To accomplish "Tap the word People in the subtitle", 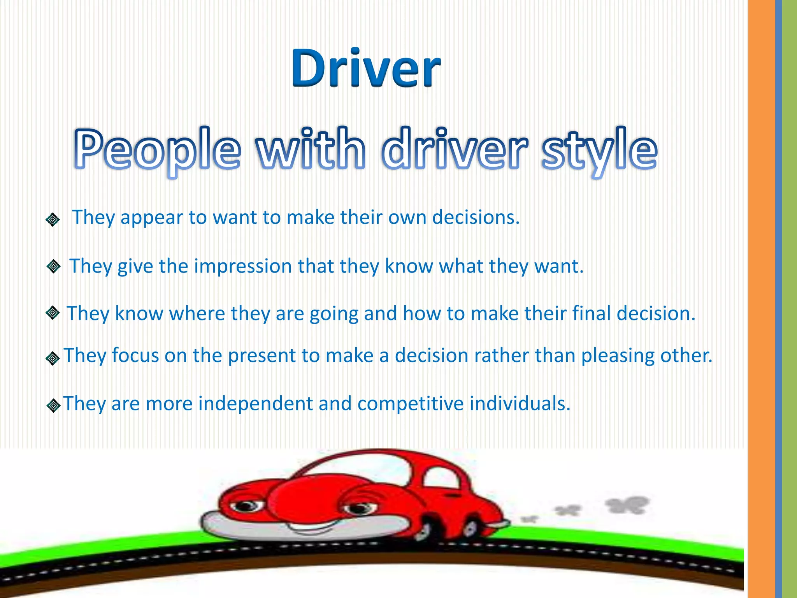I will point(157,150).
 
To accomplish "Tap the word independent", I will point(255,403).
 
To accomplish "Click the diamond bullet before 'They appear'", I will point(53,220).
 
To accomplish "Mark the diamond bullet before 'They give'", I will point(53,267).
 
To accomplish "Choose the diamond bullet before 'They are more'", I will point(53,406).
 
